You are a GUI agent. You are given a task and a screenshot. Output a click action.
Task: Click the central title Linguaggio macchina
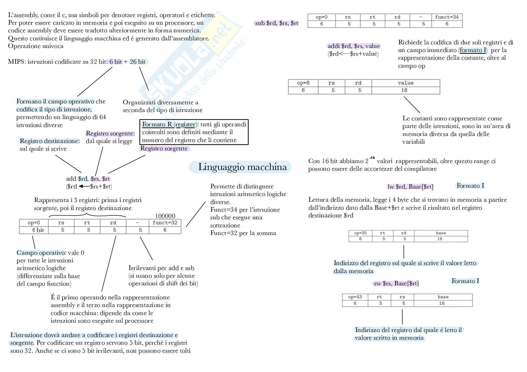tap(242, 167)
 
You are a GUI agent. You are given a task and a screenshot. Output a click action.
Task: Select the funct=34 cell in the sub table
tap(447, 17)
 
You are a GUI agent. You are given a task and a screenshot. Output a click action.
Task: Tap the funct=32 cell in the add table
tap(165, 223)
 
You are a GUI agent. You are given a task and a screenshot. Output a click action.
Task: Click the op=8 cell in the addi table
tap(303, 83)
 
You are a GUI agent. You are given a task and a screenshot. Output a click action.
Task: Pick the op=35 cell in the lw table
tap(360, 233)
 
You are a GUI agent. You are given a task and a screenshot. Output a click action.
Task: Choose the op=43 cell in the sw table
tap(355, 297)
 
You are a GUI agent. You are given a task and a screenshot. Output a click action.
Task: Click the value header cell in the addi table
tap(406, 83)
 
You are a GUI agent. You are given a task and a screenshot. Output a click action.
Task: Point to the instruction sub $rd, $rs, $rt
tap(277, 23)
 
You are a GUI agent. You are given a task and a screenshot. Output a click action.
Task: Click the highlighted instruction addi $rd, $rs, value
tap(354, 46)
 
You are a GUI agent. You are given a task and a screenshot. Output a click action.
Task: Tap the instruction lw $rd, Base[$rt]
tap(410, 187)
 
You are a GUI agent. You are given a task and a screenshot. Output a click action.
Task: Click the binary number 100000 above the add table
tap(165, 216)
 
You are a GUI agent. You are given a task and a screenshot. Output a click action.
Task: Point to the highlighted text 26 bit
tap(138, 62)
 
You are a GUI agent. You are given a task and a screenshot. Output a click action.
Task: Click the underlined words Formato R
tap(157, 124)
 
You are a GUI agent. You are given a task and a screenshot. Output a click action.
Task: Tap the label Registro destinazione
tap(50, 141)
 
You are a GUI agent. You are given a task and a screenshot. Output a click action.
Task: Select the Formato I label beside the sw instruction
tap(465, 281)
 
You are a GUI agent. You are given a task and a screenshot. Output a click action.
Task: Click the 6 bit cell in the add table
tap(38, 230)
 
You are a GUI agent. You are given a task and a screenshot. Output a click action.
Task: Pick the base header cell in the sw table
tap(443, 297)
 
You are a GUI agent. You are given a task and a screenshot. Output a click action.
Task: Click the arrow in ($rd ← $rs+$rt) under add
tap(84, 186)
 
